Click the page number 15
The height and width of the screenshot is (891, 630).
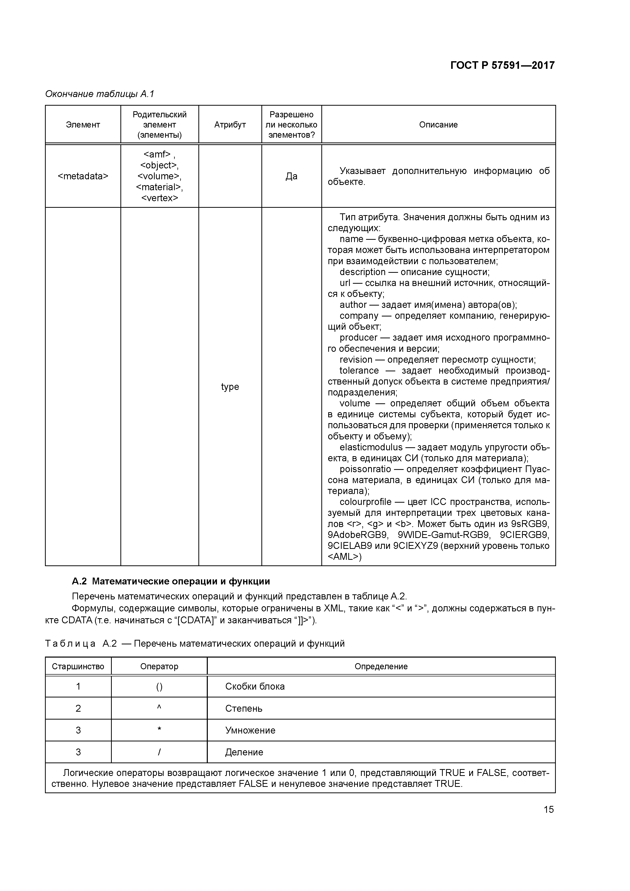(548, 809)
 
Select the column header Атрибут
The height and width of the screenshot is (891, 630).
(230, 124)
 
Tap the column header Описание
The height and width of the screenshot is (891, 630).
(438, 124)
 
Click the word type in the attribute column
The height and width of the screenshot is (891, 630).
(230, 387)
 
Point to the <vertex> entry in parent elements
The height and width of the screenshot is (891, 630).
(160, 198)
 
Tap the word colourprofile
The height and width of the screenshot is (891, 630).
(365, 502)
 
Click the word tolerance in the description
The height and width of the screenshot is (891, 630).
(359, 371)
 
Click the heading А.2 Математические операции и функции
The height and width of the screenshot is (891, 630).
(171, 581)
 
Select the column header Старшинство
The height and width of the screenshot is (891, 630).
(78, 666)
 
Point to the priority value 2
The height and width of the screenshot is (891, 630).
(78, 708)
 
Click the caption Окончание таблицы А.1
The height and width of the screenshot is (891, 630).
(100, 94)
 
